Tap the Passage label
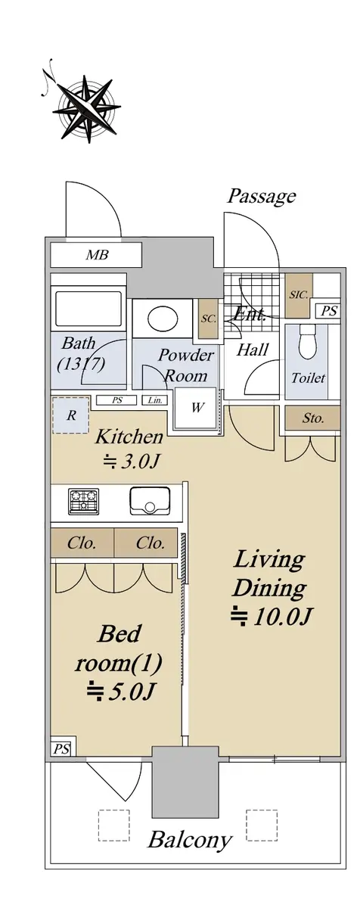[261, 196]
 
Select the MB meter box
[96, 254]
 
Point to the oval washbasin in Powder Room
[163, 319]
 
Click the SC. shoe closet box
[209, 319]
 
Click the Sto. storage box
[312, 418]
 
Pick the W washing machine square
[197, 407]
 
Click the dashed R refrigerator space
[71, 415]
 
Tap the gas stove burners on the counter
[84, 501]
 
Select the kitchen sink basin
[150, 501]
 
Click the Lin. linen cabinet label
[155, 400]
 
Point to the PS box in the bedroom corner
[61, 746]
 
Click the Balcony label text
[190, 839]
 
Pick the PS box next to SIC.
[328, 311]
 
